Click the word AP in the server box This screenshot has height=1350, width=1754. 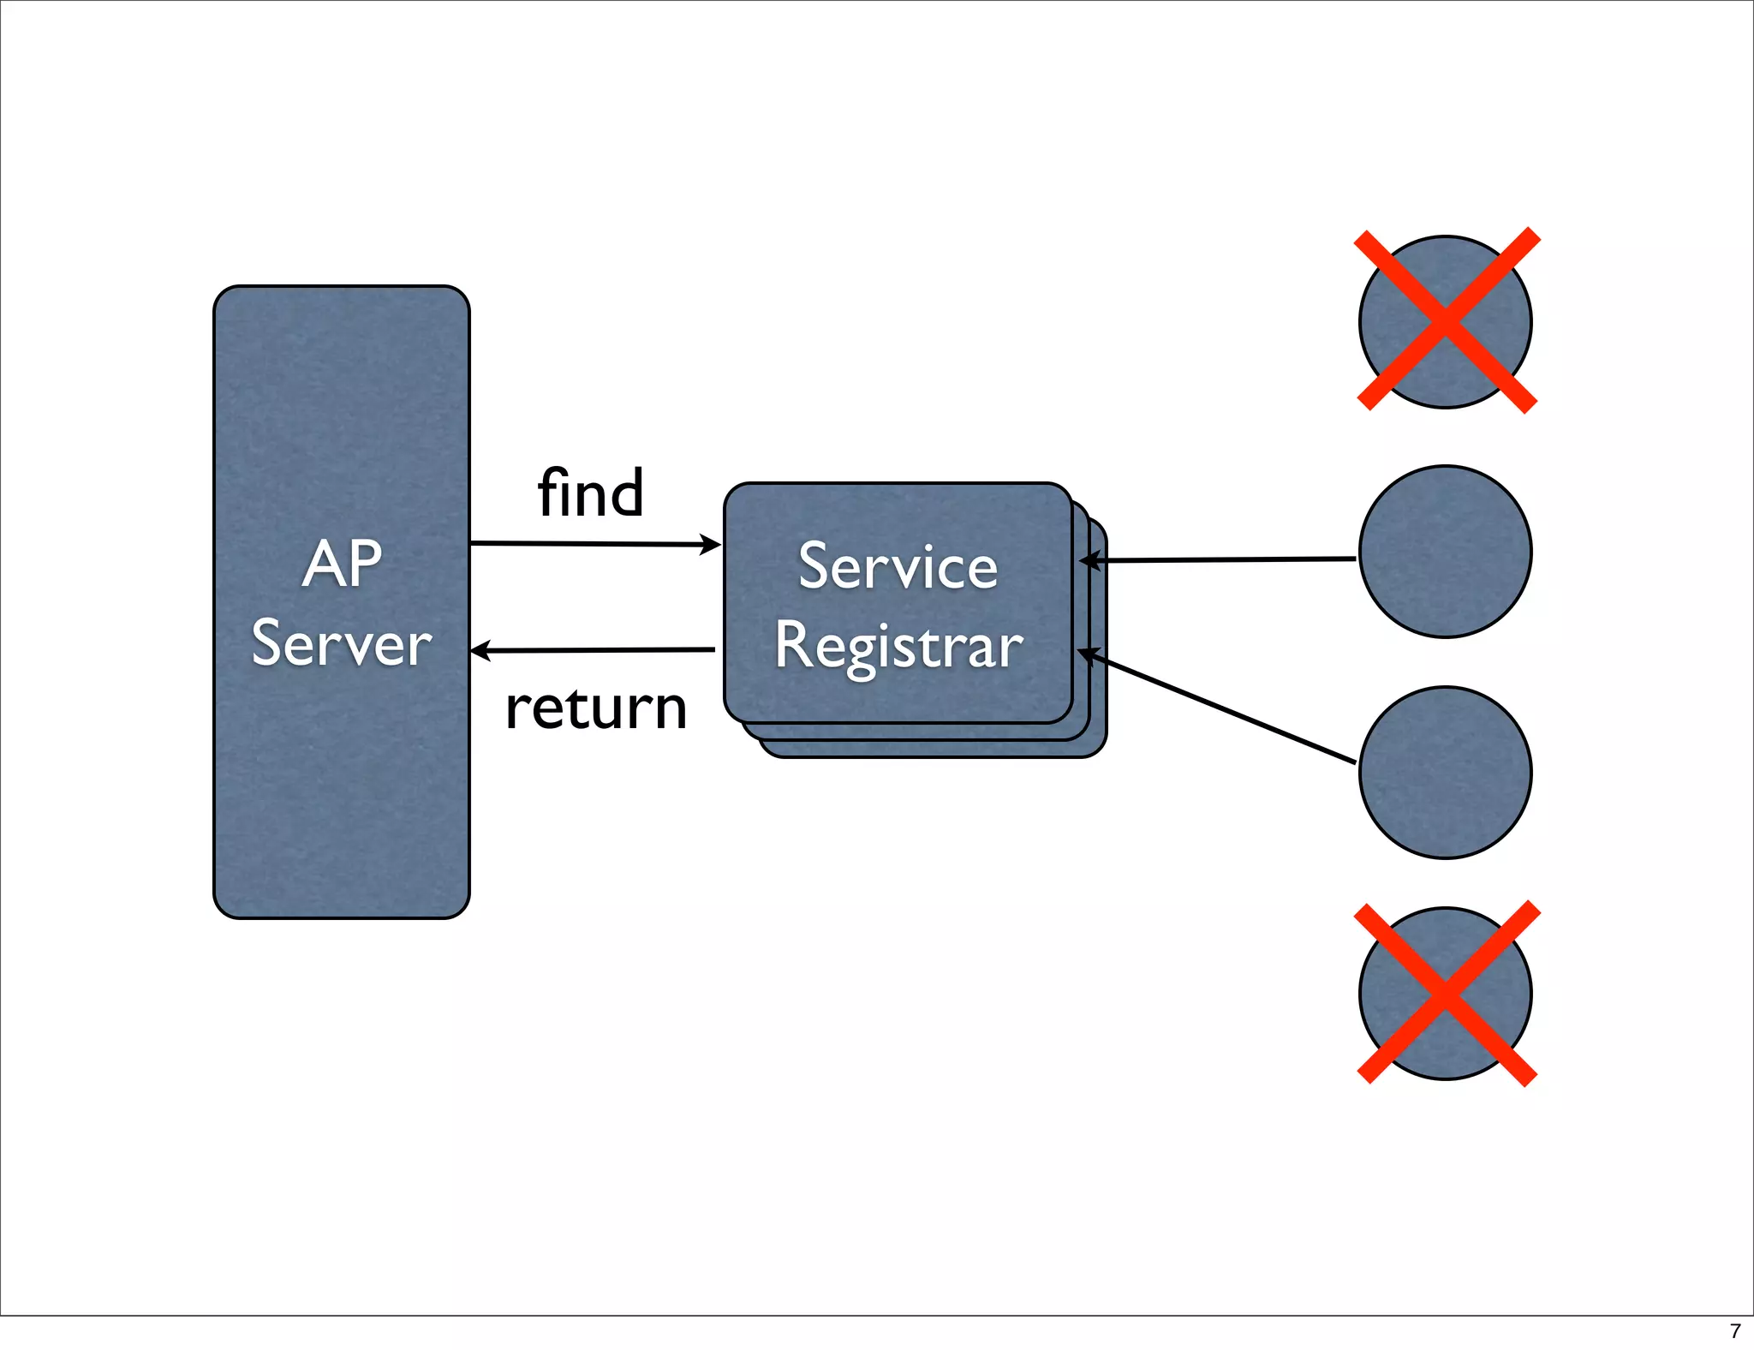(x=342, y=564)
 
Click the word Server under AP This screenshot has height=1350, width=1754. (x=341, y=644)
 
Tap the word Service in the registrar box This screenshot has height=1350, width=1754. (x=898, y=566)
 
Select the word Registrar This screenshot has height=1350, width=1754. (x=898, y=646)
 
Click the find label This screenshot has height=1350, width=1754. (x=590, y=493)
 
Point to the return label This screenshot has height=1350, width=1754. (x=596, y=709)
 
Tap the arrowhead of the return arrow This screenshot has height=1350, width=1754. (x=480, y=651)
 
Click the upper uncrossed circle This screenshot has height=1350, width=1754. (x=1445, y=552)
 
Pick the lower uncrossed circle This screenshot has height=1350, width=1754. (x=1445, y=773)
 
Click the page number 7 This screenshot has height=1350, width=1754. (x=1735, y=1331)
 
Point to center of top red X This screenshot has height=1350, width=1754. (x=1446, y=320)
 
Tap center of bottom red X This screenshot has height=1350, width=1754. (x=1446, y=994)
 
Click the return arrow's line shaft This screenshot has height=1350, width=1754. (x=600, y=650)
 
